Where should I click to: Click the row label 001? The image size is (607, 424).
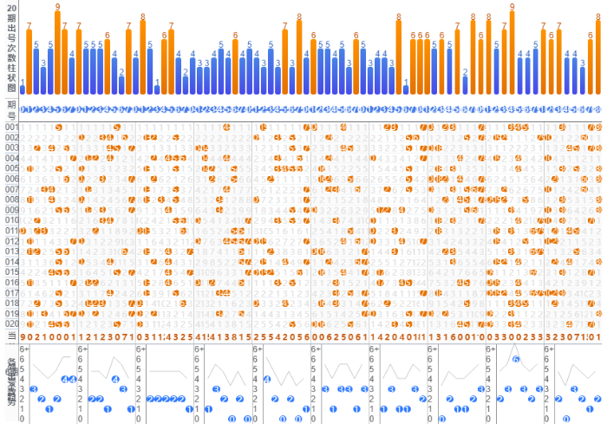[x=11, y=127]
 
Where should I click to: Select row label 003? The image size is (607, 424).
[x=11, y=148]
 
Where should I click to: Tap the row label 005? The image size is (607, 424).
[x=11, y=169]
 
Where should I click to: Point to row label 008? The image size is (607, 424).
[x=11, y=199]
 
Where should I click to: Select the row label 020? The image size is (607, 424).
[x=11, y=323]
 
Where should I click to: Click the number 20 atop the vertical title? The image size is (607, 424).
[x=11, y=7]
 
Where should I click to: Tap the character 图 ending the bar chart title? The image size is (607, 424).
[x=11, y=88]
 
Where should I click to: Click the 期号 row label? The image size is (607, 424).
[x=11, y=109]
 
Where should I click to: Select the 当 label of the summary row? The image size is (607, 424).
[x=11, y=336]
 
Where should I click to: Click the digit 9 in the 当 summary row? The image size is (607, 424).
[x=23, y=336]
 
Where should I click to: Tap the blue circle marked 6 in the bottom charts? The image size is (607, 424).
[x=516, y=359]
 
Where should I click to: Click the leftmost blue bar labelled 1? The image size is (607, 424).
[x=23, y=89]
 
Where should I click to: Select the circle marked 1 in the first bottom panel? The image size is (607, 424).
[x=49, y=408]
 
